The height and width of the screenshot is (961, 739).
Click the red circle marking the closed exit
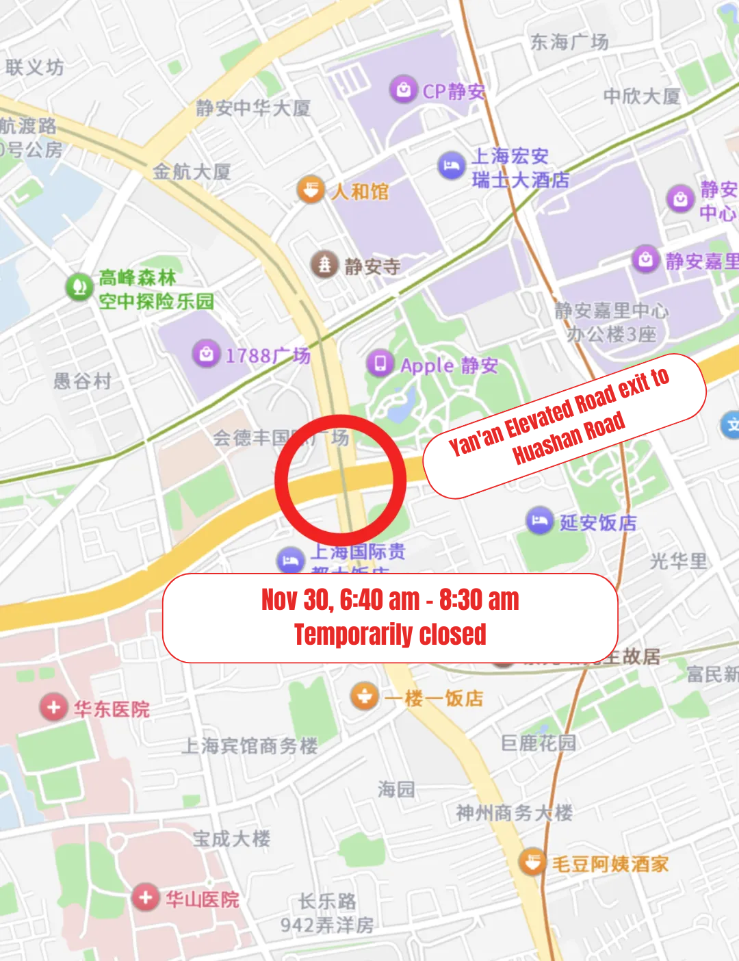(340, 480)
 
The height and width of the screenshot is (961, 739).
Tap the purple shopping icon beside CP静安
(404, 90)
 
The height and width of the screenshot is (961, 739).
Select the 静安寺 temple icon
(324, 264)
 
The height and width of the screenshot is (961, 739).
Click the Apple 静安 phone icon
(380, 363)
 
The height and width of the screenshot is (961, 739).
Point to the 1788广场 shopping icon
(206, 354)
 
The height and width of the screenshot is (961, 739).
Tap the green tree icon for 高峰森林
(79, 287)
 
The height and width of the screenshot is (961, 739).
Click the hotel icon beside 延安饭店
(539, 522)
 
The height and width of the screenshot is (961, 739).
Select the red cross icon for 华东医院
(53, 707)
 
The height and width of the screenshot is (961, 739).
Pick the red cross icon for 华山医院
(145, 897)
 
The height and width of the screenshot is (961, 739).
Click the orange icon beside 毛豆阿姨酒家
(532, 862)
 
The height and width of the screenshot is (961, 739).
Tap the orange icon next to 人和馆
(311, 190)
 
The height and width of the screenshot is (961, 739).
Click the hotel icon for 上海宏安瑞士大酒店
(451, 166)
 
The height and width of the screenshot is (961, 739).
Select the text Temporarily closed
(390, 635)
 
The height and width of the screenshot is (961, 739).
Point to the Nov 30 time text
(390, 600)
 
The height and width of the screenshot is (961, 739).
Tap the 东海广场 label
(569, 42)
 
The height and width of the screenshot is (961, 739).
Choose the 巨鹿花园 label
(539, 743)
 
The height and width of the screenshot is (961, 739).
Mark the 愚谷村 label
(82, 381)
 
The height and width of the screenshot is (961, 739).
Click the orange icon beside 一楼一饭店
(364, 697)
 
